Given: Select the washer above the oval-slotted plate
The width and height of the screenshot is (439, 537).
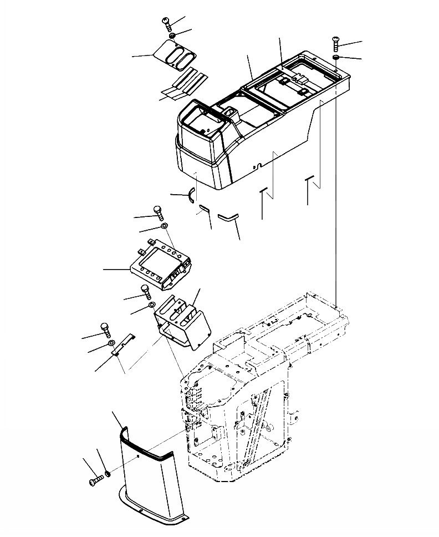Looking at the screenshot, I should pos(173,36).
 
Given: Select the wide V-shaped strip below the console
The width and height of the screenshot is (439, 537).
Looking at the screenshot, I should pos(227,216).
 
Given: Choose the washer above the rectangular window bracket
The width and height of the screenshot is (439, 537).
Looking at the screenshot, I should pos(165,226).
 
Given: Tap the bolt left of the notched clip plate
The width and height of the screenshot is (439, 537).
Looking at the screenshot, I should pos(104,328).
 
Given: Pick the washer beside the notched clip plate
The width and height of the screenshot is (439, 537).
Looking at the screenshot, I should pos(113,345).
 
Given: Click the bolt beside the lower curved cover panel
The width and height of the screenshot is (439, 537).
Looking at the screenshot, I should pos(95,481).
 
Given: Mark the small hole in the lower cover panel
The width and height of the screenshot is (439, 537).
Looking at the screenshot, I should pos(137,458).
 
